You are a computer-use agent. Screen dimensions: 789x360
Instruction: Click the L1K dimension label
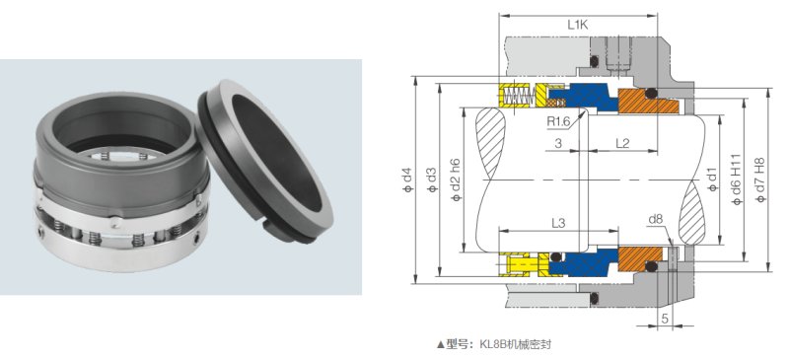pyautogui.click(x=577, y=26)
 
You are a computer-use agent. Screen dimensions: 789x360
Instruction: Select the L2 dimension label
pyautogui.click(x=622, y=142)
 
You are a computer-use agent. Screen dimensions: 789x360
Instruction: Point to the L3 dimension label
pyautogui.click(x=558, y=223)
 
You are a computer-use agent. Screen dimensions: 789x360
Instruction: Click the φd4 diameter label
pyautogui.click(x=407, y=180)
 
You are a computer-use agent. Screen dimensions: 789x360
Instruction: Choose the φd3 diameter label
pyautogui.click(x=431, y=180)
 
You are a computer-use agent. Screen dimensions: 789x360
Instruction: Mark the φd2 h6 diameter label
pyautogui.click(x=456, y=180)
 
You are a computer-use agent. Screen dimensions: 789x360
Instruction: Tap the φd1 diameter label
pyautogui.click(x=711, y=180)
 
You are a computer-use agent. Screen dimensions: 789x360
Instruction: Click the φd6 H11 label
pyautogui.click(x=737, y=180)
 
